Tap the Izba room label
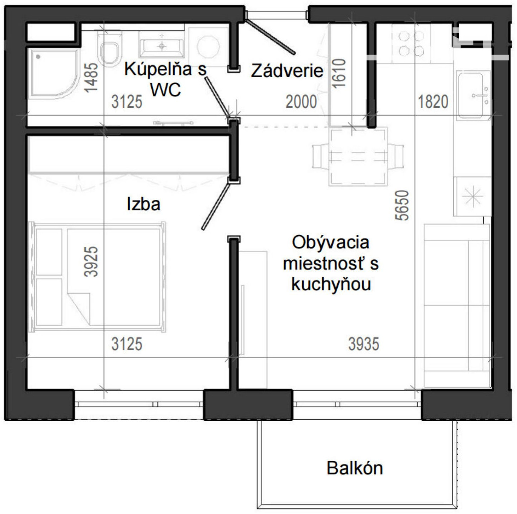pos(144,204)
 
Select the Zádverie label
pos(287,70)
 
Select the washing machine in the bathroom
pos(208,46)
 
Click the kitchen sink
pos(473,95)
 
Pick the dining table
pos(358,157)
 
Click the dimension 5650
pos(402,205)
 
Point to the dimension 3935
pos(364,344)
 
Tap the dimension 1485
pos(91,78)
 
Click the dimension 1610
pos(338,73)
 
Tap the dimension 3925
pos(91,261)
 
